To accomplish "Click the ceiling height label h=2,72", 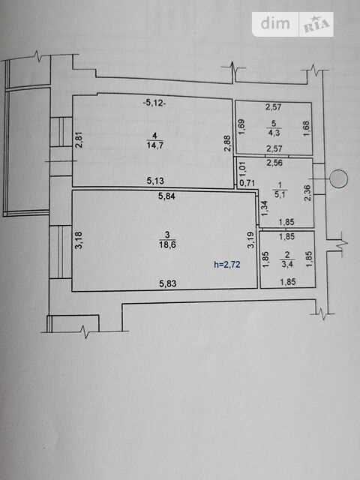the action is click(x=226, y=264).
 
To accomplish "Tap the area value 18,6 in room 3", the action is click(x=167, y=245).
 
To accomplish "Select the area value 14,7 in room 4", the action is click(x=155, y=145).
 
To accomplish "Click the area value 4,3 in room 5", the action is click(x=274, y=133).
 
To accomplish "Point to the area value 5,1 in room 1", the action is click(x=280, y=194).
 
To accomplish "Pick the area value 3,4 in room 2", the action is click(x=286, y=263).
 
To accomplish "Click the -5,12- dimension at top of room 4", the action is click(x=154, y=103).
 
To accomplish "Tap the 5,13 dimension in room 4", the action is click(x=155, y=181).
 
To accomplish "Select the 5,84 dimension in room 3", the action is click(x=166, y=196).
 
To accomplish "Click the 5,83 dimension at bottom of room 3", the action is click(x=168, y=283).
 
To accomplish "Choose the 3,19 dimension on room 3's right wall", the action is click(x=250, y=239).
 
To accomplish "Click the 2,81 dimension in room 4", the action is click(x=79, y=139).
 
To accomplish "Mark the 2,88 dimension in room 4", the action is click(x=227, y=143).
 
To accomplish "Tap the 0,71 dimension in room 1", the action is click(x=247, y=183).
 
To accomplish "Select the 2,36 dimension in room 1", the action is click(x=307, y=193).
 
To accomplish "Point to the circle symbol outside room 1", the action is click(x=338, y=178).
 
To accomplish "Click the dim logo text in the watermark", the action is click(x=275, y=23).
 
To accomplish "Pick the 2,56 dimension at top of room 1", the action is click(x=274, y=163).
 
